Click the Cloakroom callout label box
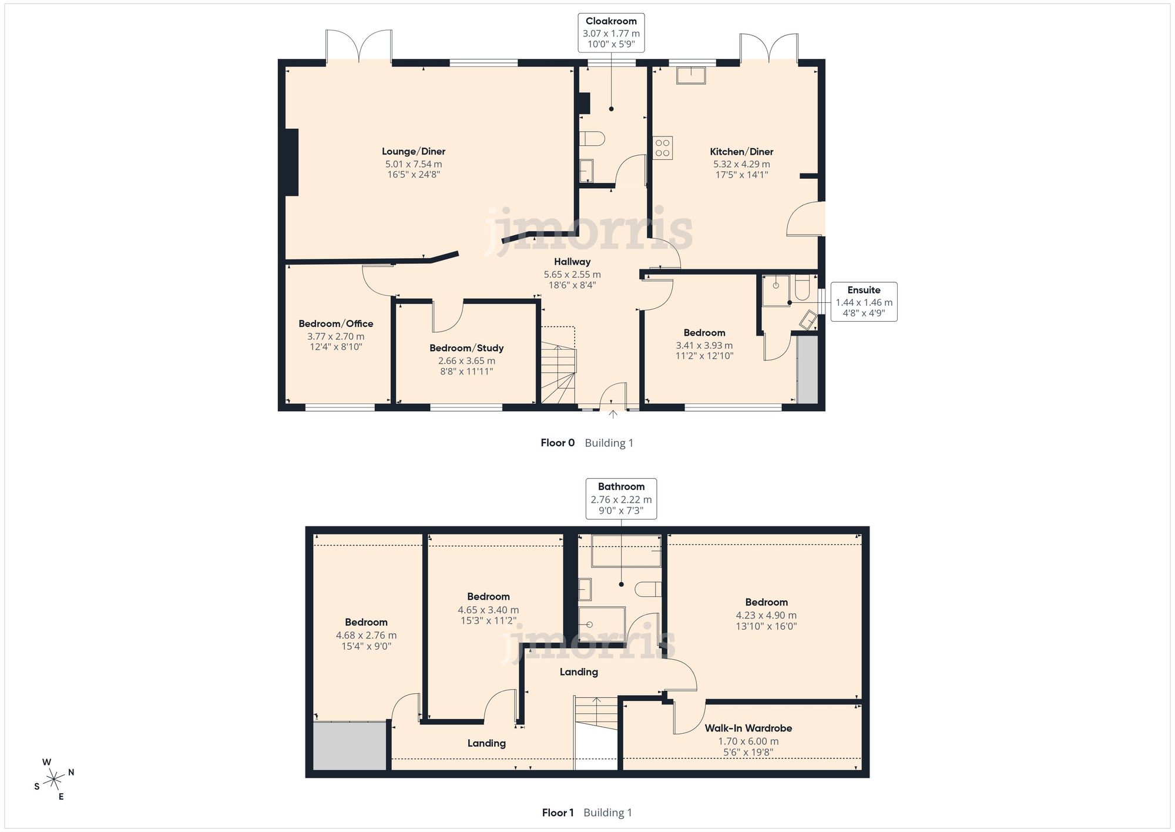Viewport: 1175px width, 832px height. [x=611, y=34]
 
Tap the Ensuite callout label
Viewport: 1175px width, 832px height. [x=864, y=302]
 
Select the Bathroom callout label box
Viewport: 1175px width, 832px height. [x=621, y=499]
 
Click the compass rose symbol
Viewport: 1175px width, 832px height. [x=54, y=780]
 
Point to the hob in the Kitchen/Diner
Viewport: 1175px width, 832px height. [x=663, y=148]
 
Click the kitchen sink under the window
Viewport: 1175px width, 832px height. [x=691, y=76]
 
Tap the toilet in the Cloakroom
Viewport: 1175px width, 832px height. [x=592, y=139]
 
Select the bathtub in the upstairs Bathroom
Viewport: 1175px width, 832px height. [x=626, y=551]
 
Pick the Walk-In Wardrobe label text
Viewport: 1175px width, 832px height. [x=748, y=728]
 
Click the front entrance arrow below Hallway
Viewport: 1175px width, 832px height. [x=613, y=415]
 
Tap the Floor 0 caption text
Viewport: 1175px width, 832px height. [x=557, y=443]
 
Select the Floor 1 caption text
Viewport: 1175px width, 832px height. [x=558, y=813]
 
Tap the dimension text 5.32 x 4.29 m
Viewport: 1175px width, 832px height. [x=741, y=164]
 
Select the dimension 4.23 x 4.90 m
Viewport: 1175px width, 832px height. [x=766, y=615]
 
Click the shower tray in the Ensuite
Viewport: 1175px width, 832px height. [x=776, y=290]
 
